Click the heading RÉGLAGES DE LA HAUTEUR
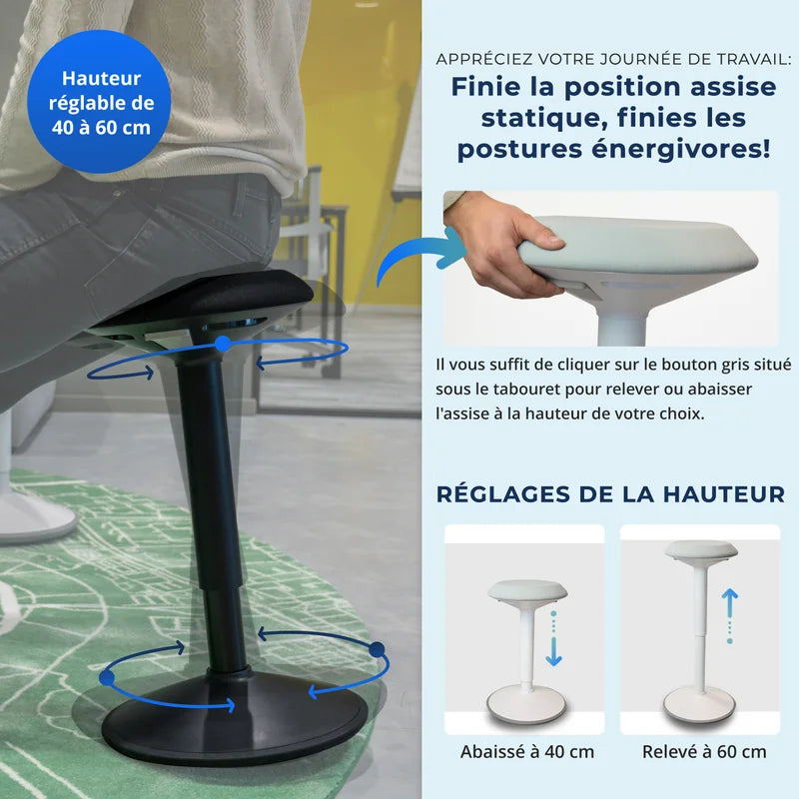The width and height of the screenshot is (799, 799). (610, 493)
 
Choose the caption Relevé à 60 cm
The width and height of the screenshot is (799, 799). (704, 751)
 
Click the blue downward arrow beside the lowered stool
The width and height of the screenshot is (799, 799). (554, 652)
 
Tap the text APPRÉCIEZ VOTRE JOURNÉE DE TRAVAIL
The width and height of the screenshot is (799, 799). (612, 59)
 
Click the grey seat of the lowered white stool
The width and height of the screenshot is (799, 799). (526, 590)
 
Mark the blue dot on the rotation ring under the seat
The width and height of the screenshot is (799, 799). (223, 343)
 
